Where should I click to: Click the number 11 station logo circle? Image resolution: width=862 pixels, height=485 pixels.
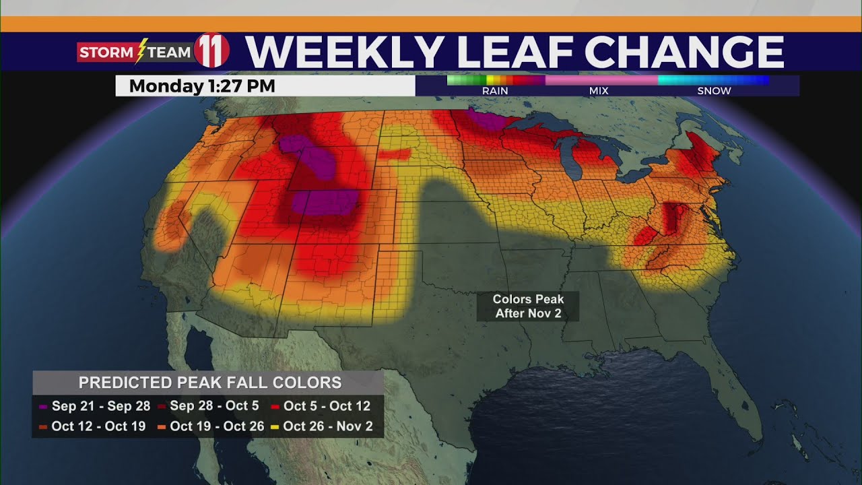pos(211,51)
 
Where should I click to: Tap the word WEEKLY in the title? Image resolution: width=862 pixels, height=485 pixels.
pos(343,52)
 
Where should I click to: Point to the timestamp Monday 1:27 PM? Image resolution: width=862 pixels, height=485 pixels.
pos(202,86)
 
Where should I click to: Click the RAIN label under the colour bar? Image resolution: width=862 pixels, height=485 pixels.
pos(495,91)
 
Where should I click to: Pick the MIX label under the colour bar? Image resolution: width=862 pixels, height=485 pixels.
pos(599,91)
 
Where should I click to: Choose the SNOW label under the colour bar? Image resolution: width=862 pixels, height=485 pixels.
pos(714,91)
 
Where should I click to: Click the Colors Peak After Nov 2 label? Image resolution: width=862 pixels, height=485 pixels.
pos(527,306)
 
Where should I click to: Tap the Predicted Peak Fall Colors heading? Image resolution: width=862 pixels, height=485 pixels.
pos(209,383)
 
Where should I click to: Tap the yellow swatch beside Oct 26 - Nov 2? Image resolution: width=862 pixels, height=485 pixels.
pos(276,427)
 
